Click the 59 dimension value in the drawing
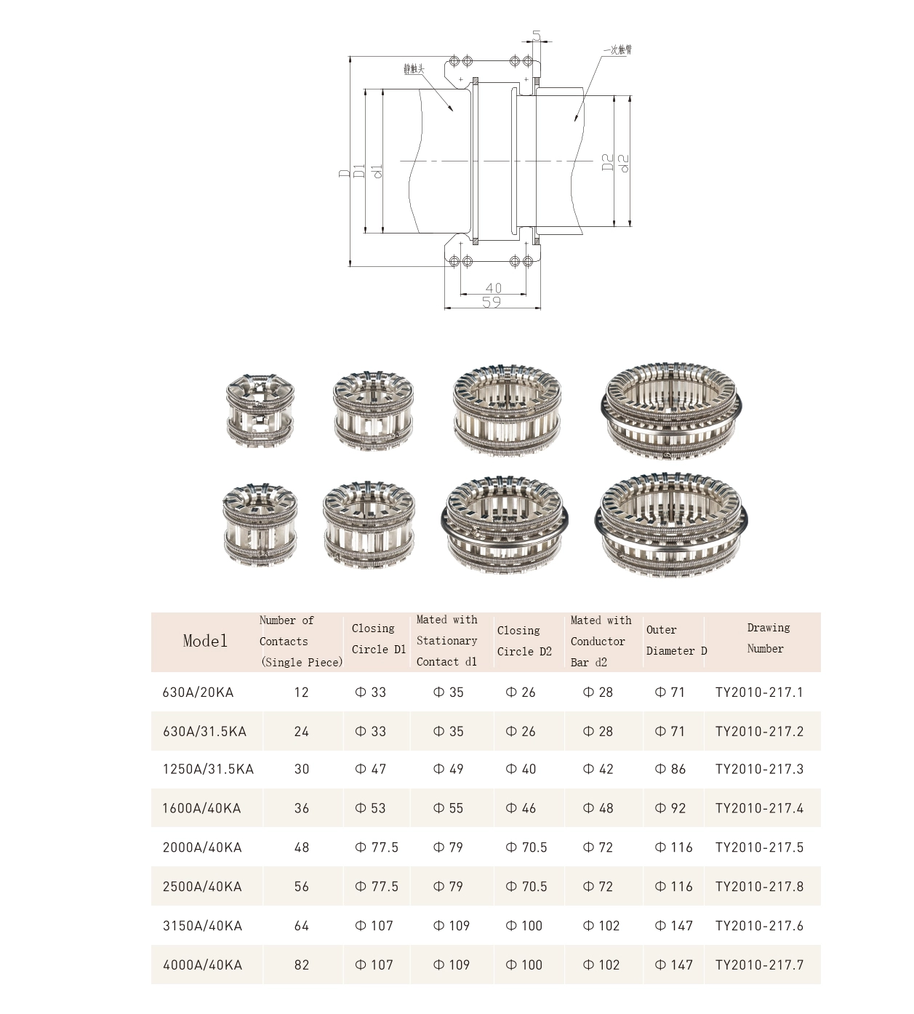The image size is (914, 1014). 492,302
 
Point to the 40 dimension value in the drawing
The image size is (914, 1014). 493,288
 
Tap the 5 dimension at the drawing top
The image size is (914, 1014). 537,36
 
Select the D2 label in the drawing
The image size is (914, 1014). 607,162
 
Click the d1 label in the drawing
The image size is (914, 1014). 376,172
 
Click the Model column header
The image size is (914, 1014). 205,641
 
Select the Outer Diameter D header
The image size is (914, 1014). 676,640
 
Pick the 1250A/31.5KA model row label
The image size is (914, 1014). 208,770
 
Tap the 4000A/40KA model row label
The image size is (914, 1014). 202,965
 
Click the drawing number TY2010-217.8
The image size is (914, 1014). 759,887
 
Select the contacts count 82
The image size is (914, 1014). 302,965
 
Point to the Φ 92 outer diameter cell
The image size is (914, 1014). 670,808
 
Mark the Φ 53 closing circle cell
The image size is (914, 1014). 370,808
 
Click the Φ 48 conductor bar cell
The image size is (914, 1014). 598,808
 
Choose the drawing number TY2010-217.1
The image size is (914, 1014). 759,692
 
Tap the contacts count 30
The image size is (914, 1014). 302,770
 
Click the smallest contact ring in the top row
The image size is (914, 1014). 260,410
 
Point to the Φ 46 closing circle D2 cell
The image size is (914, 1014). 521,808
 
